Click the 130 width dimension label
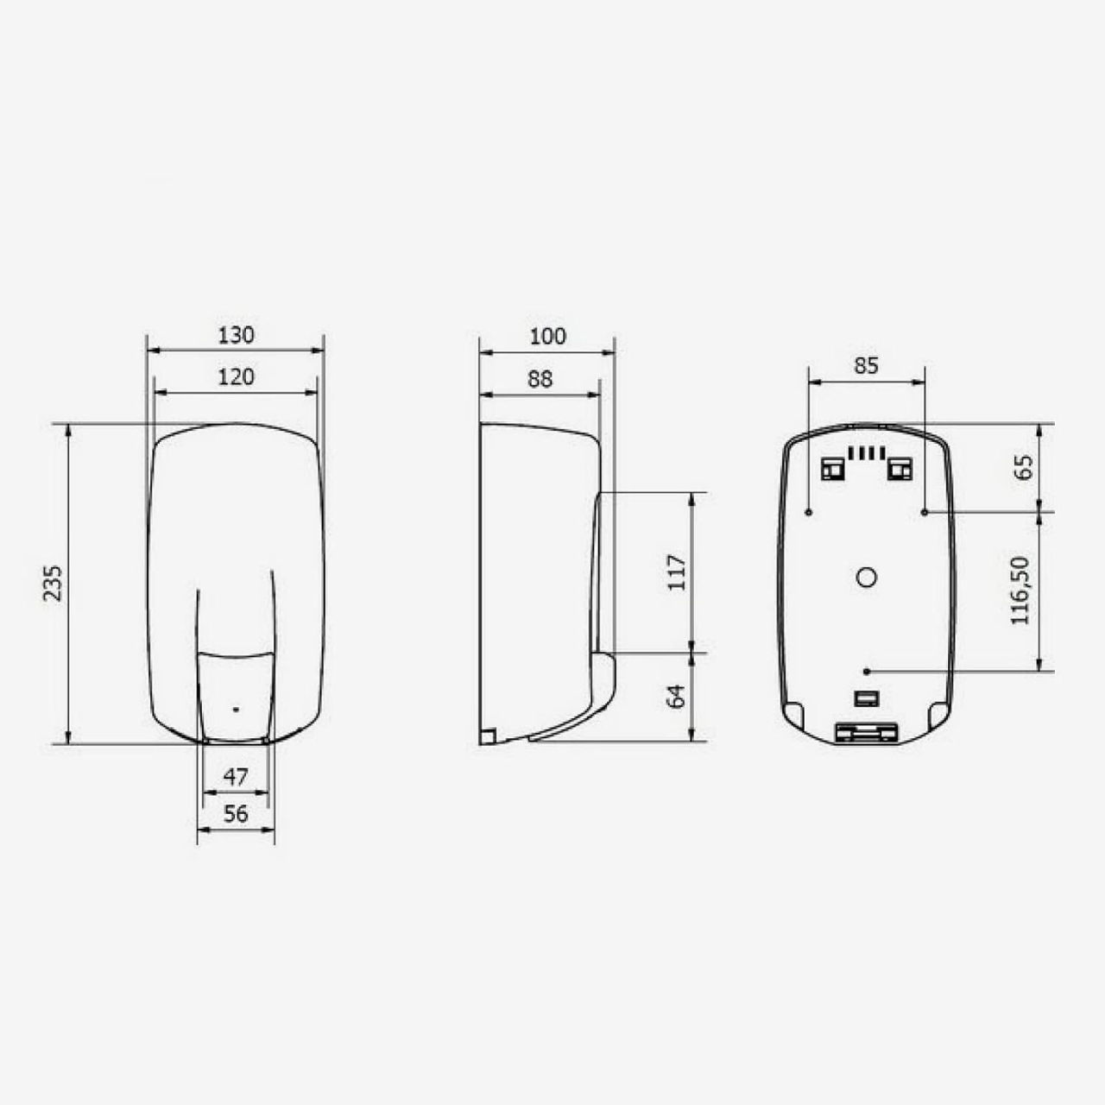click(236, 336)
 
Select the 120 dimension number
click(236, 377)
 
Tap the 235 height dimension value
click(53, 584)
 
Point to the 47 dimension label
click(236, 777)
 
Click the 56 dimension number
click(236, 814)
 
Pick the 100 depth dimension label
click(547, 337)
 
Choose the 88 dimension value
click(540, 379)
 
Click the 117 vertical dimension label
click(677, 572)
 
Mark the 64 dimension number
click(677, 697)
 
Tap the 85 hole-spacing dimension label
click(866, 365)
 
